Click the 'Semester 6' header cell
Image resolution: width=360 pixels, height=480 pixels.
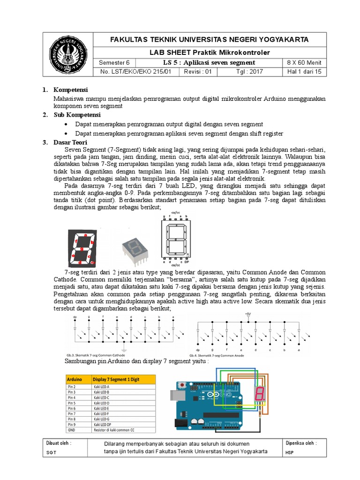[114, 63]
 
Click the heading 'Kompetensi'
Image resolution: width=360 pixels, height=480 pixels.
[71, 90]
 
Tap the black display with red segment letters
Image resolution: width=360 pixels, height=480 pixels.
[82, 247]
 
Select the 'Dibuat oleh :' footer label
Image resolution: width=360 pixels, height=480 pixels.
[59, 443]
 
